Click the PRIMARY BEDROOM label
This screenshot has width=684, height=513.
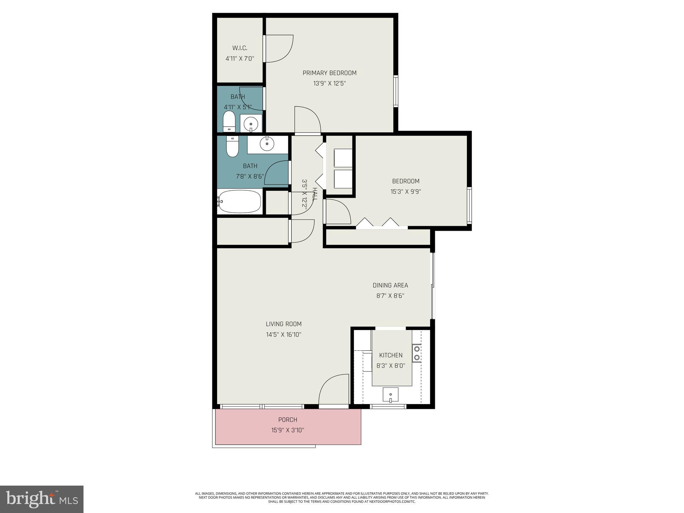click(x=329, y=73)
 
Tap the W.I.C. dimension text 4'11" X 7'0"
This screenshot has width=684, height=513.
click(x=240, y=59)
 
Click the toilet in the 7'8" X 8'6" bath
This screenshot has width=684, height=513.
click(x=232, y=147)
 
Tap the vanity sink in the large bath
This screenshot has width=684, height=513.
click(x=267, y=144)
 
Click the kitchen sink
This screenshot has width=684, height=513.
click(x=390, y=395)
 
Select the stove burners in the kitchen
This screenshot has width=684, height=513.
click(x=416, y=353)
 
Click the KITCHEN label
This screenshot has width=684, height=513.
click(x=391, y=355)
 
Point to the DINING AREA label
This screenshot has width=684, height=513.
click(x=390, y=285)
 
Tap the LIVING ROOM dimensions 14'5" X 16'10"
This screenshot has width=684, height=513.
click(x=284, y=334)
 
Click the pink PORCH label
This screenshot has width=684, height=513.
click(x=288, y=420)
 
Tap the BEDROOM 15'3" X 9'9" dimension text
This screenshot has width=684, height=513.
click(x=405, y=192)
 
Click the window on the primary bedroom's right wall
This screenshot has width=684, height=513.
click(x=396, y=91)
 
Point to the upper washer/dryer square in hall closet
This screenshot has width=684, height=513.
click(x=343, y=158)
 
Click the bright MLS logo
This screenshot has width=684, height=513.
click(x=42, y=499)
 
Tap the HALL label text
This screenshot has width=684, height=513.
click(x=315, y=194)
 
